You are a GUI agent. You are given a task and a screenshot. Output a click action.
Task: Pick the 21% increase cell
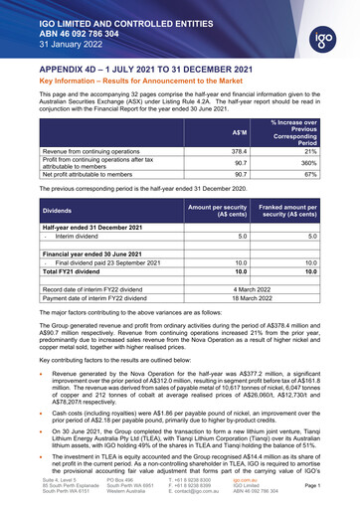pos(311,149)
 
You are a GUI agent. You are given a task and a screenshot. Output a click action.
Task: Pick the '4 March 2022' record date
pos(252,287)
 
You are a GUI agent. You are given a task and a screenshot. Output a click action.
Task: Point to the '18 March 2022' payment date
pos(252,296)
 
